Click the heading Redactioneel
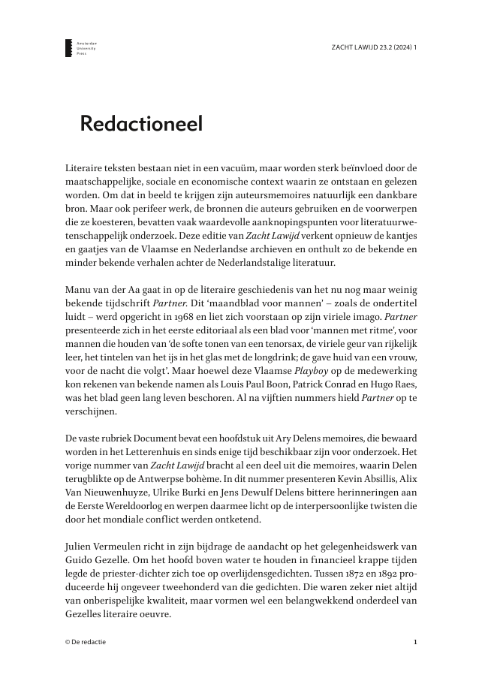click(x=141, y=124)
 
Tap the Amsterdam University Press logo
click(x=70, y=50)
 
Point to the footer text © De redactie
click(x=86, y=642)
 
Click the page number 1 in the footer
click(x=415, y=642)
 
